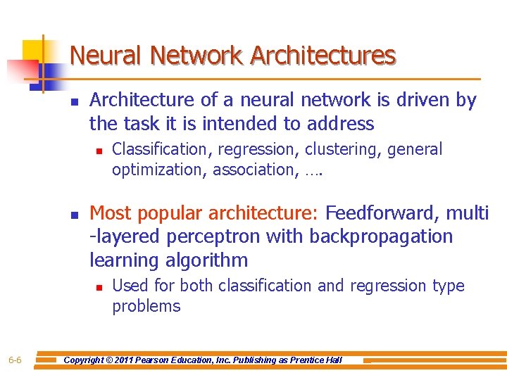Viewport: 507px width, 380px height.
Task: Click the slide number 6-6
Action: point(15,360)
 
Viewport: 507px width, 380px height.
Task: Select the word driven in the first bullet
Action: point(420,101)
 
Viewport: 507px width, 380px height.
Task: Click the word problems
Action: point(146,306)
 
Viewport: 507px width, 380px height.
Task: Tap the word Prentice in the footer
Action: point(306,360)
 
